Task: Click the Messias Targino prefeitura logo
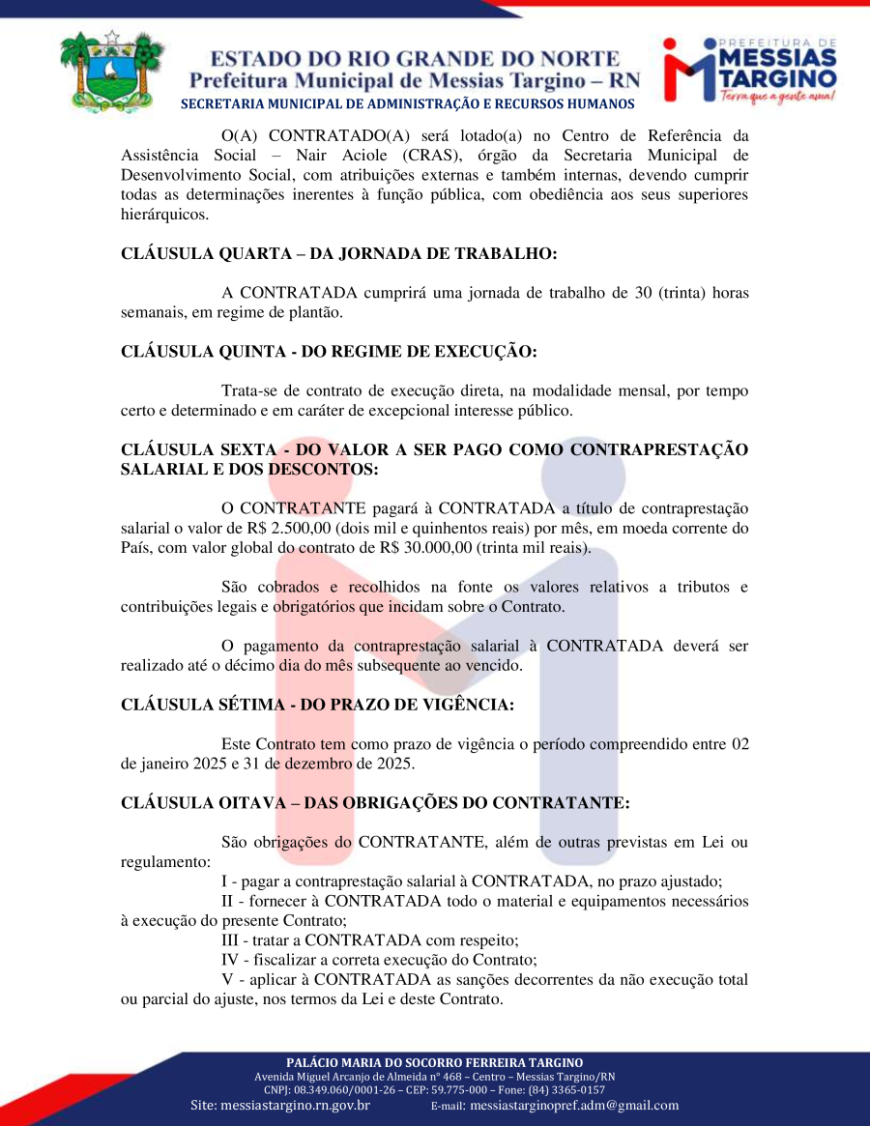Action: point(750,71)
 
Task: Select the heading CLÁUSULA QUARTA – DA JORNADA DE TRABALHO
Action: point(338,254)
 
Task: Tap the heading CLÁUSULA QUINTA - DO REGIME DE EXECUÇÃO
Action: point(328,352)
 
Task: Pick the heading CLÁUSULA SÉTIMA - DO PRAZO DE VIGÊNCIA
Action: point(317,706)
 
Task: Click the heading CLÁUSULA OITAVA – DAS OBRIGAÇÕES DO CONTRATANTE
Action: point(375,803)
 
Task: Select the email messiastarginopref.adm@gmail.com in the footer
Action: point(574,1106)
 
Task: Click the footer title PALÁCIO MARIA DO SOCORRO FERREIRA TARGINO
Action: point(434,1062)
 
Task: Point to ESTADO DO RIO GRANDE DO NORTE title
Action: point(415,59)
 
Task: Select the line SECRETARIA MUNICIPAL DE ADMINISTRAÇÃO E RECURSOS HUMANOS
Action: point(408,104)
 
